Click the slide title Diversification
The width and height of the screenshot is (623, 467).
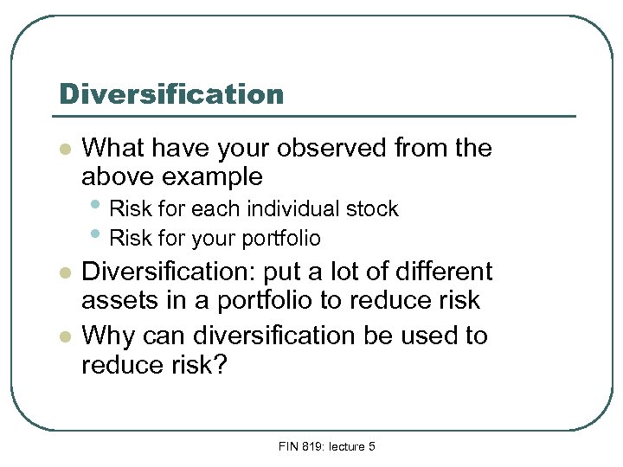(170, 93)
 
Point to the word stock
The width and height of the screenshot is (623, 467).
(372, 209)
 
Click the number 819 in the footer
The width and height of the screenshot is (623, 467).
(311, 446)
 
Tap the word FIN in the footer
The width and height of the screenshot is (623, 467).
(289, 446)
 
